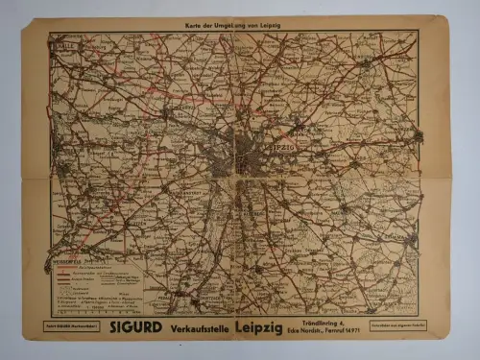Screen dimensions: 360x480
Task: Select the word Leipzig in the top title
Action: [274, 19]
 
